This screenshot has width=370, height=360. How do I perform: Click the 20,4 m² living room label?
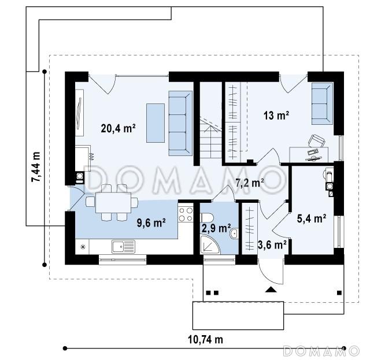(118, 129)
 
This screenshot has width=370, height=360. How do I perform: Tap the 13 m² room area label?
(276, 116)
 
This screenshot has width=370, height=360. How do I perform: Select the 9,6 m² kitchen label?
(151, 223)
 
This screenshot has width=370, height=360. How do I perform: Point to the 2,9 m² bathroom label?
(216, 228)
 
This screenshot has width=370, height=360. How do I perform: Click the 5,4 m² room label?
(312, 218)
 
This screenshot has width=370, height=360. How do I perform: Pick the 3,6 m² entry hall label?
(272, 245)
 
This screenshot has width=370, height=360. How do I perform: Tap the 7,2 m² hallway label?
(250, 183)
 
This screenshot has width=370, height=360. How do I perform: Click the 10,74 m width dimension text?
(205, 340)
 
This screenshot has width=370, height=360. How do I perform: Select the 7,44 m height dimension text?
(36, 167)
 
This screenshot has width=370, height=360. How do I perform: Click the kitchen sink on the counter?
(123, 247)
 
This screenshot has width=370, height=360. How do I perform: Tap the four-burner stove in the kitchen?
(186, 214)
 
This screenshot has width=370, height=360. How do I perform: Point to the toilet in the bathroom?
(207, 218)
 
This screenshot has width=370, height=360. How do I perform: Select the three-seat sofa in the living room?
(180, 123)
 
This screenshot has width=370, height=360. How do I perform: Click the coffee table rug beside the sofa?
(156, 123)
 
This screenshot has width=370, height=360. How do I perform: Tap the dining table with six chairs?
(112, 203)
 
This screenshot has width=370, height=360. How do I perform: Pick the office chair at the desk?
(316, 141)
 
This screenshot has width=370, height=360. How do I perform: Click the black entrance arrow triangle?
(271, 290)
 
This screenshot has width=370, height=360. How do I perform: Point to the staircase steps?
(210, 139)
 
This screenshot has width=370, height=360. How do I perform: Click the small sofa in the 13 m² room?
(322, 103)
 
